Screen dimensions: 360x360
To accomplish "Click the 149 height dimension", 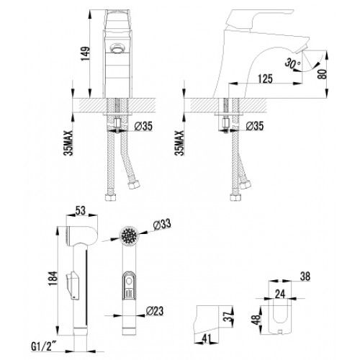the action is coord(86,53).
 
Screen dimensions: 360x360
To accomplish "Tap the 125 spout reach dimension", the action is coord(265,78).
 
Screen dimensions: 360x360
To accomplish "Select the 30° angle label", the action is coord(293,63).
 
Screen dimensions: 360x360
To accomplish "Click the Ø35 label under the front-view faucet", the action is coord(143,126).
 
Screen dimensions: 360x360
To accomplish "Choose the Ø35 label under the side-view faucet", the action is coord(255,126).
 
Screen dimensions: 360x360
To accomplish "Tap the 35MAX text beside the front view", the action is coord(68,143).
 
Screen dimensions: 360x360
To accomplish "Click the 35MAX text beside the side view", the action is coord(179,143).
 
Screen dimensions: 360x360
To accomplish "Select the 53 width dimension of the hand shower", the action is coord(81,210).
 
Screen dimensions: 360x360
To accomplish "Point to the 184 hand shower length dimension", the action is coord(53,278).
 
